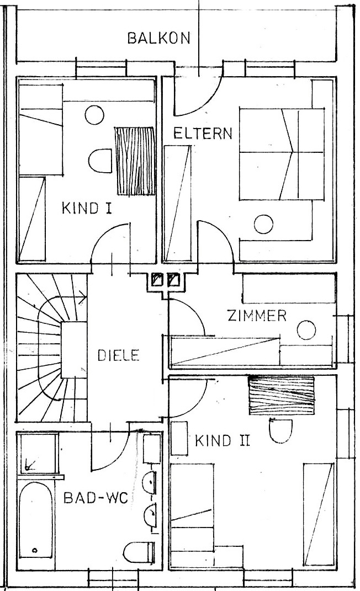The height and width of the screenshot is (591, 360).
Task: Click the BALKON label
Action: [159, 38]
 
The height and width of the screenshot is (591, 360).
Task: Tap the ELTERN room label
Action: [203, 134]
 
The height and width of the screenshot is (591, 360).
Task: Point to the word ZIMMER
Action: [257, 316]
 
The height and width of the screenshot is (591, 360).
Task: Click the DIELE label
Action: [119, 355]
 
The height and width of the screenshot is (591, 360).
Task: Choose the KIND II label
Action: [223, 441]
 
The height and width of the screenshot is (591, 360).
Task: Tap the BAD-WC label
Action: [96, 498]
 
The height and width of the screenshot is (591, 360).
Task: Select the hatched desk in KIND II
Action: [281, 395]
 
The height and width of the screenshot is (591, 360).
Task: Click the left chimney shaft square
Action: [157, 281]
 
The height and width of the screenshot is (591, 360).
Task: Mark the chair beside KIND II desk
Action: [281, 430]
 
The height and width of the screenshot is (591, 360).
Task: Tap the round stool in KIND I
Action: [94, 115]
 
